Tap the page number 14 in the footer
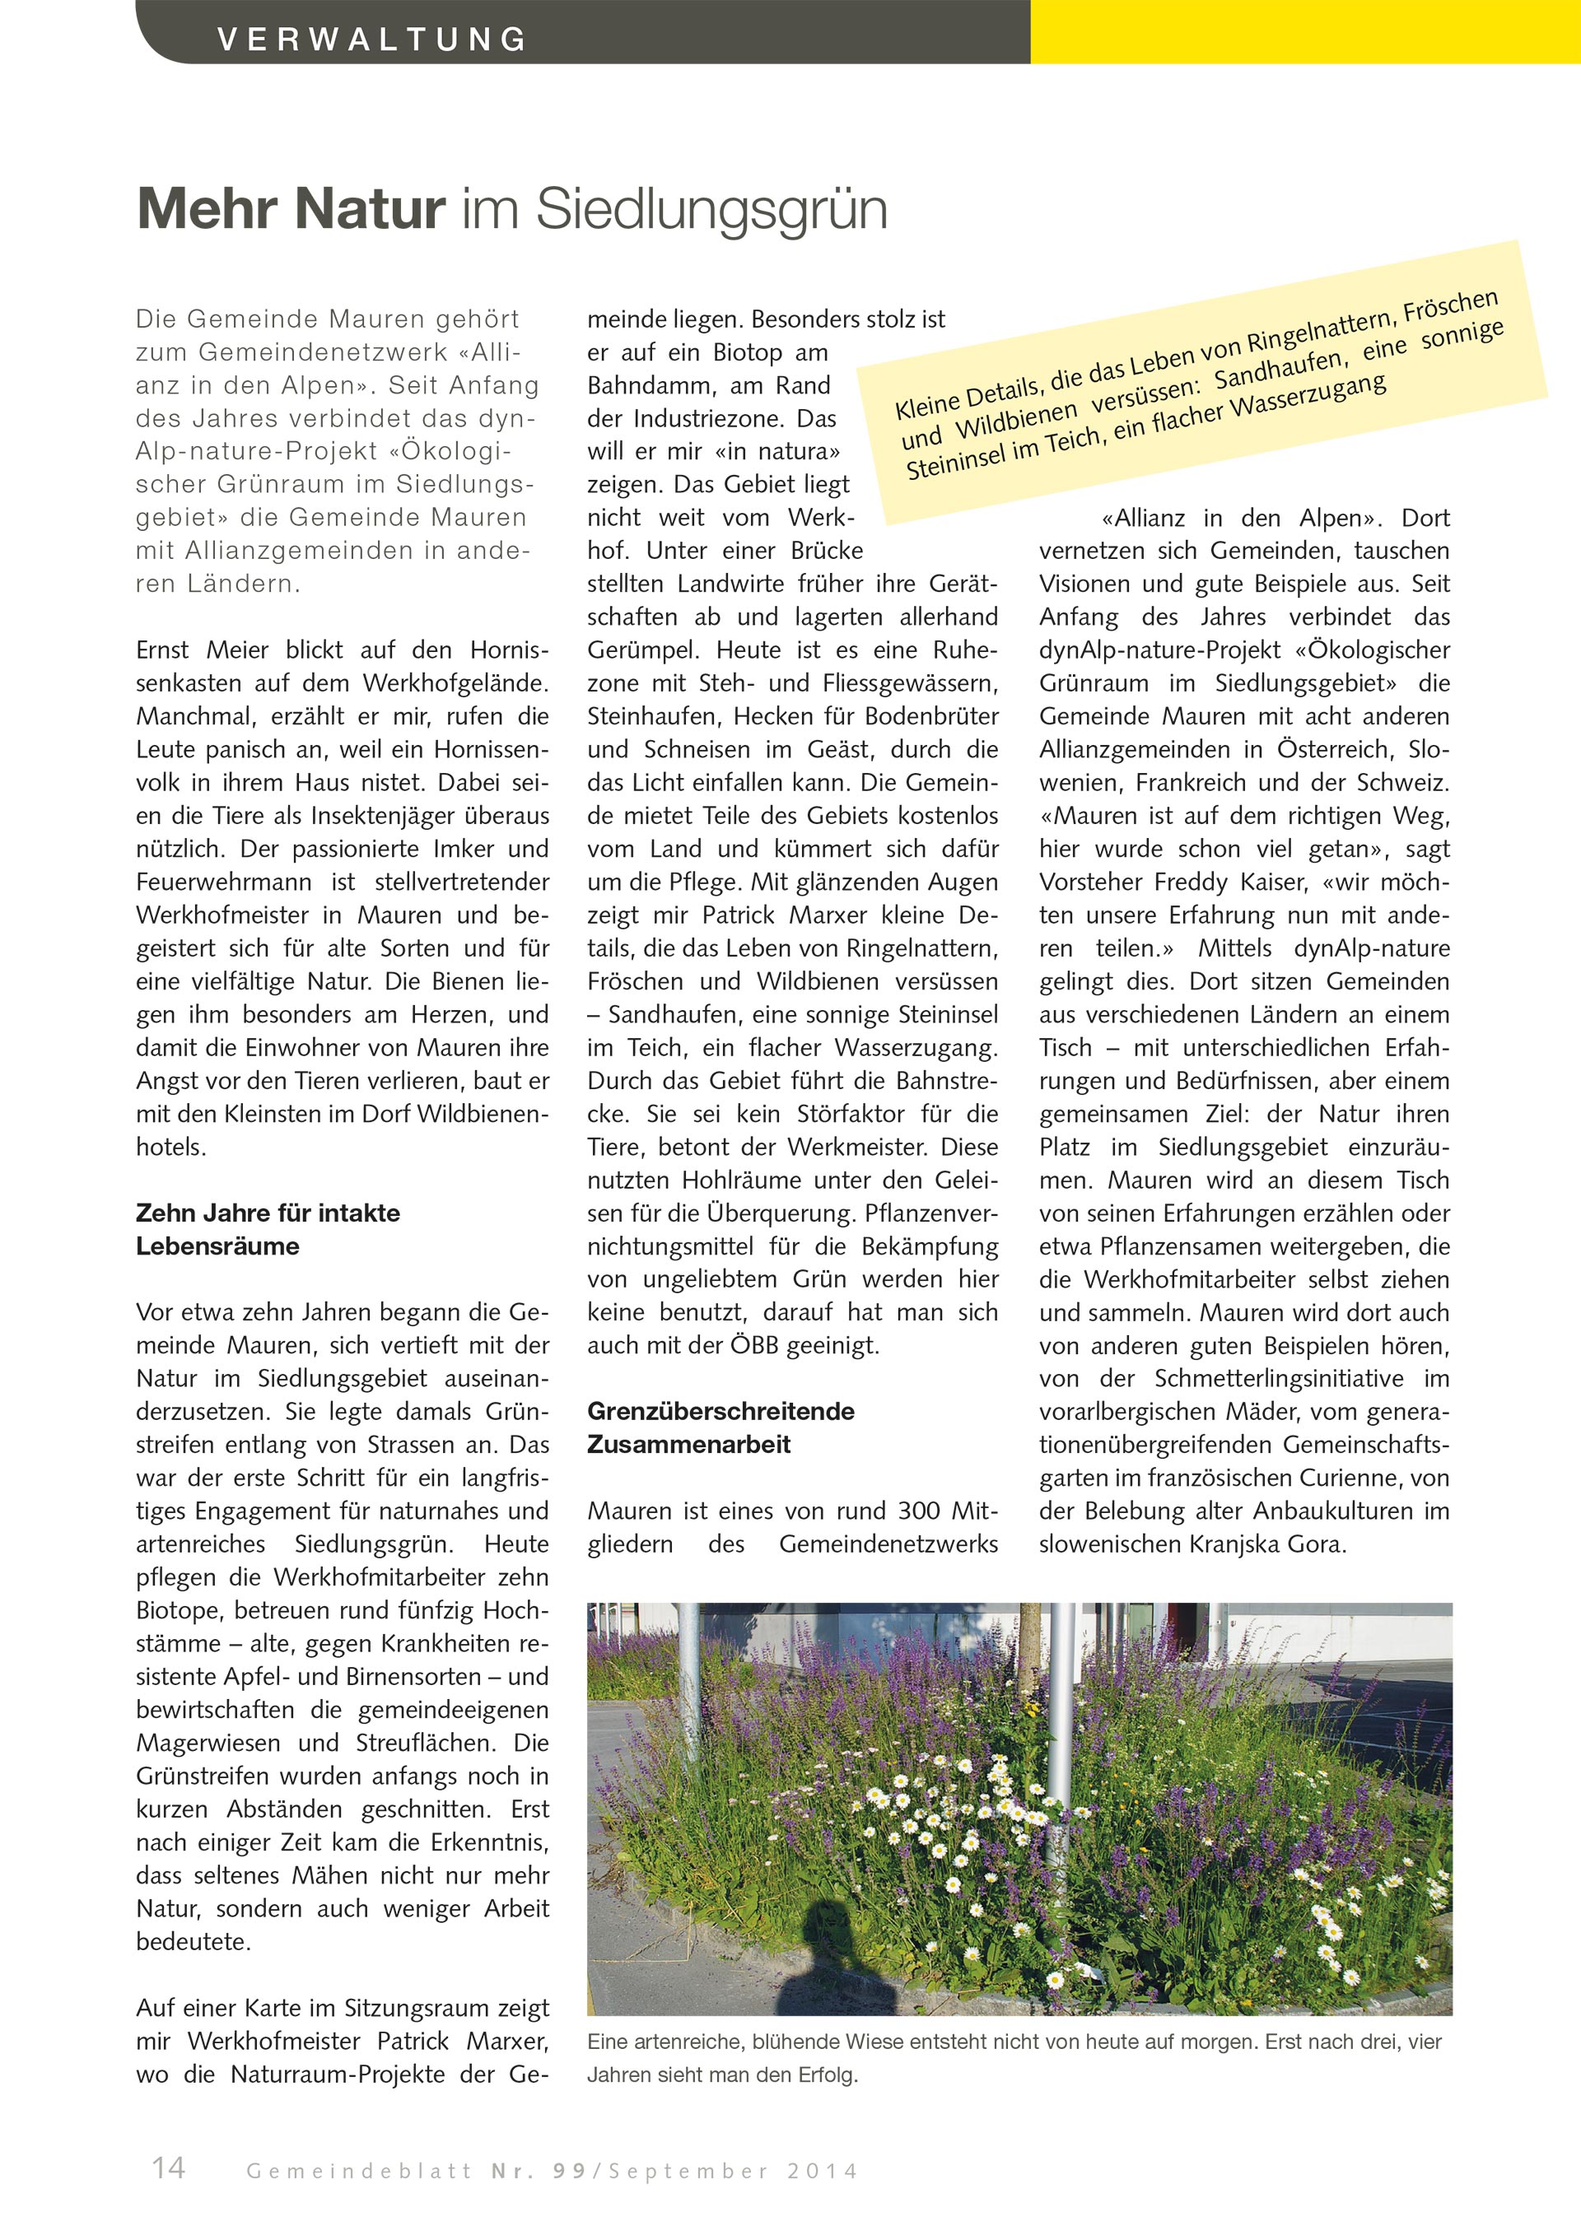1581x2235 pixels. [x=169, y=2167]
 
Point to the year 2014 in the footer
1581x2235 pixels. [x=823, y=2171]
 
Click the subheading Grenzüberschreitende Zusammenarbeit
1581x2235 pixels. [x=721, y=1427]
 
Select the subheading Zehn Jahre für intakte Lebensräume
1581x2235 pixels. [x=268, y=1228]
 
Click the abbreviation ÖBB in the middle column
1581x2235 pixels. [x=755, y=1345]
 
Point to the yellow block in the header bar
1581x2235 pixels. [x=1304, y=31]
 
